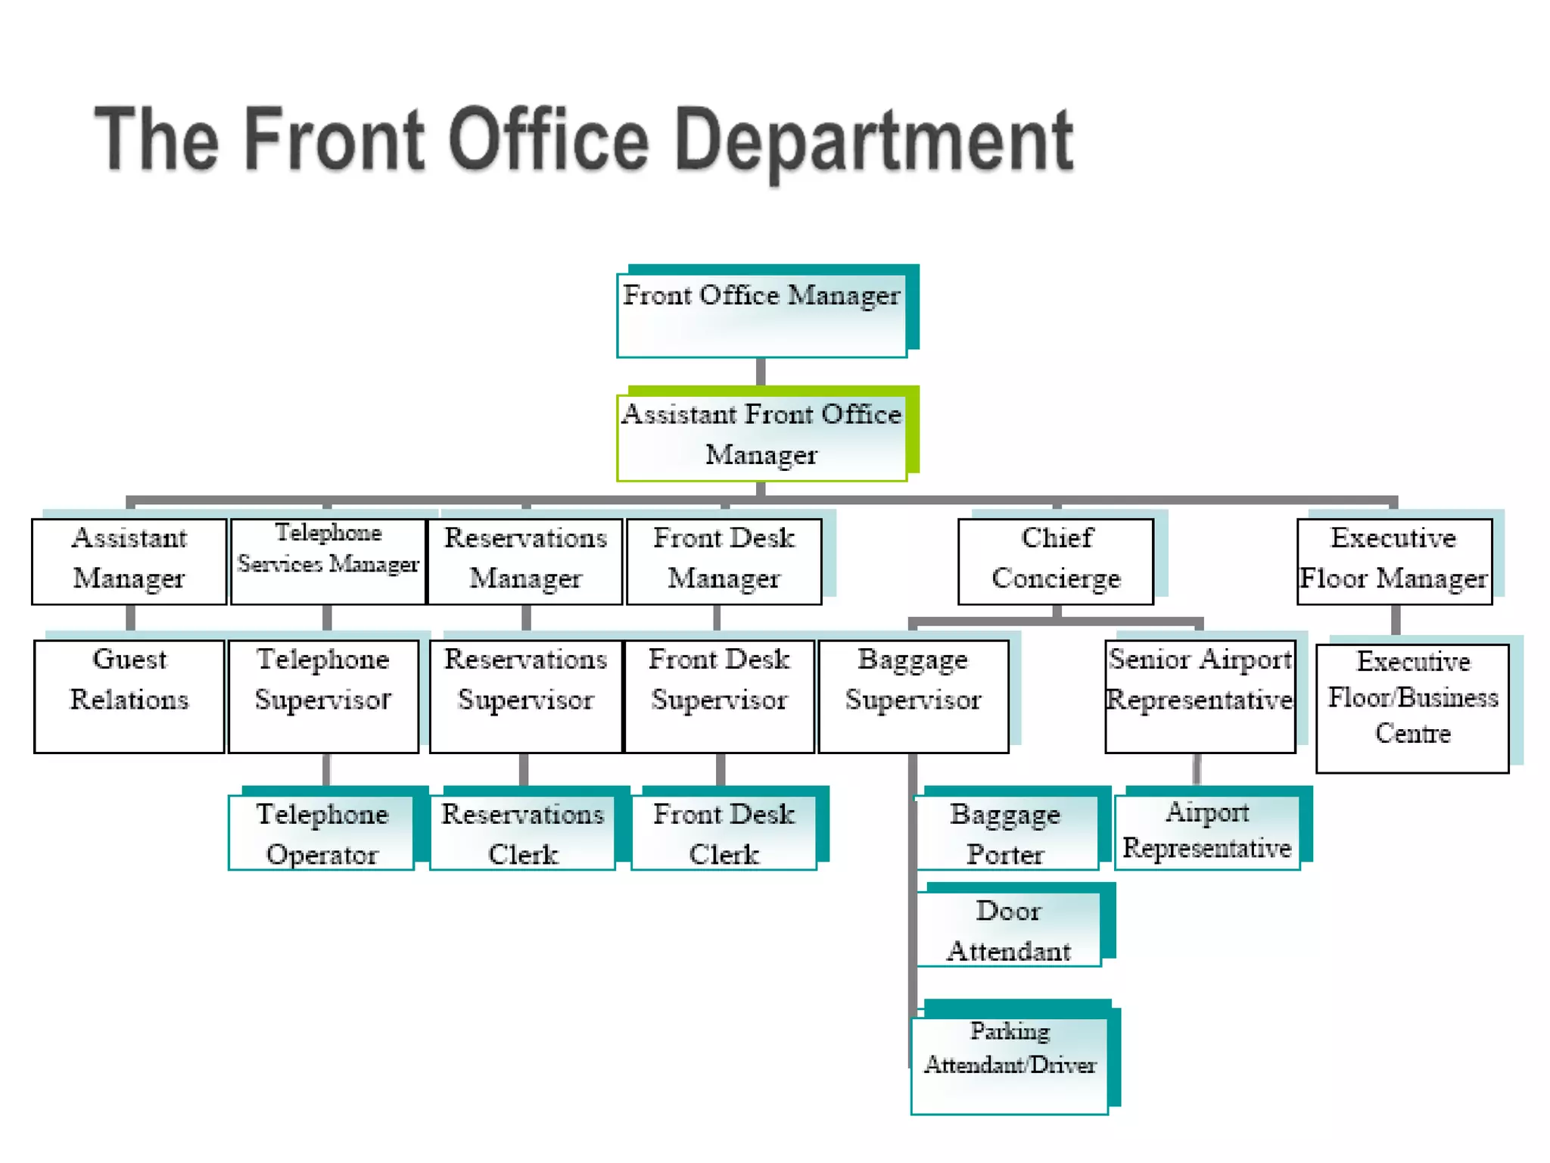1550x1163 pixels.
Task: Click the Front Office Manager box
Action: click(x=761, y=315)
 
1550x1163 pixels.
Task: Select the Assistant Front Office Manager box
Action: click(x=761, y=436)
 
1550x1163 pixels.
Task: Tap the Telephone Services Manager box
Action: click(x=328, y=560)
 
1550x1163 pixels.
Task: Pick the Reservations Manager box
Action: click(x=525, y=560)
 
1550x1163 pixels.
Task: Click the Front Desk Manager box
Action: click(x=724, y=560)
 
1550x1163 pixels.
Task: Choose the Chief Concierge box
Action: click(x=1056, y=560)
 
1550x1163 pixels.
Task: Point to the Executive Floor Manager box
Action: click(x=1394, y=560)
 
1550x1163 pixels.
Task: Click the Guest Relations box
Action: click(x=129, y=695)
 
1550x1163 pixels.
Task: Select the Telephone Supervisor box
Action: click(x=323, y=695)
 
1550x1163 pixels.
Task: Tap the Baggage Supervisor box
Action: click(x=914, y=695)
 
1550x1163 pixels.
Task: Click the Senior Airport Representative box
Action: click(x=1200, y=695)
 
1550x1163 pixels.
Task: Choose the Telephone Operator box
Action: click(x=322, y=833)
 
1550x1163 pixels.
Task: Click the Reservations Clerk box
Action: click(x=522, y=833)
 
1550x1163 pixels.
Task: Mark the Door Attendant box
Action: click(x=1008, y=930)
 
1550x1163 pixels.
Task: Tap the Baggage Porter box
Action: click(x=1006, y=833)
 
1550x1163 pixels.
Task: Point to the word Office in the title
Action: click(x=549, y=139)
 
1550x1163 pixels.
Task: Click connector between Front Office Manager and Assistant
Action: click(x=761, y=372)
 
